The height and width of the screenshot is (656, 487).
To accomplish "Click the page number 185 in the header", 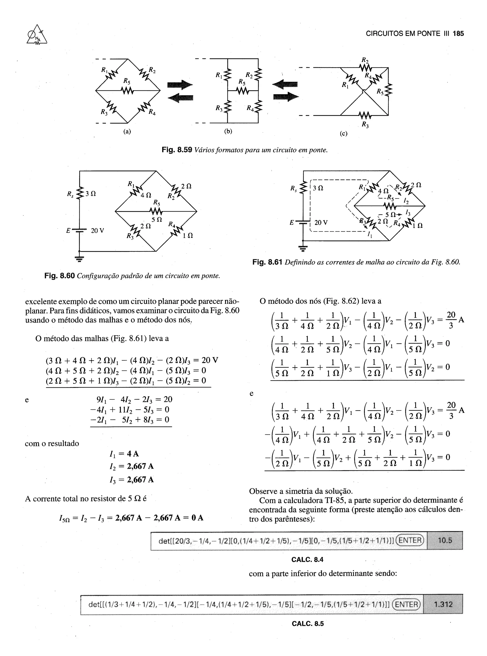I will (458, 34).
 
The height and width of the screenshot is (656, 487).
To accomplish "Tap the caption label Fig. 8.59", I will (177, 150).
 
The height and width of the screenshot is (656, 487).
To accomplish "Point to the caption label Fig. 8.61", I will (267, 262).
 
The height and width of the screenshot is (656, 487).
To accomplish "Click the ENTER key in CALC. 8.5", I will (406, 604).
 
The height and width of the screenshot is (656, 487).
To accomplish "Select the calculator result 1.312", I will (443, 604).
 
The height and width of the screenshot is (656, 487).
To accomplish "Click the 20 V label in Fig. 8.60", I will (97, 230).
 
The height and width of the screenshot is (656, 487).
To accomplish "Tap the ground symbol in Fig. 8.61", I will (303, 248).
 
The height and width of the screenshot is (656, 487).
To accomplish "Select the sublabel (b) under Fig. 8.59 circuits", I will (228, 131).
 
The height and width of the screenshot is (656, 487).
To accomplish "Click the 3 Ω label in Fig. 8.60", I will (91, 194).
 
